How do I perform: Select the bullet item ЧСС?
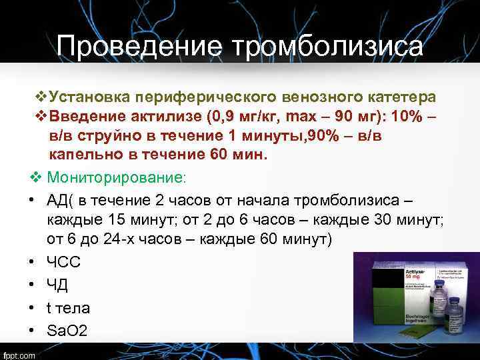pyautogui.click(x=63, y=263)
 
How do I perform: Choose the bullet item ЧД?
pyautogui.click(x=57, y=285)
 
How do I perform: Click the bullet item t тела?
pyautogui.click(x=68, y=308)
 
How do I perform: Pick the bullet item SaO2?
pyautogui.click(x=67, y=331)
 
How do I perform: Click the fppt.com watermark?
pyautogui.click(x=20, y=354)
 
